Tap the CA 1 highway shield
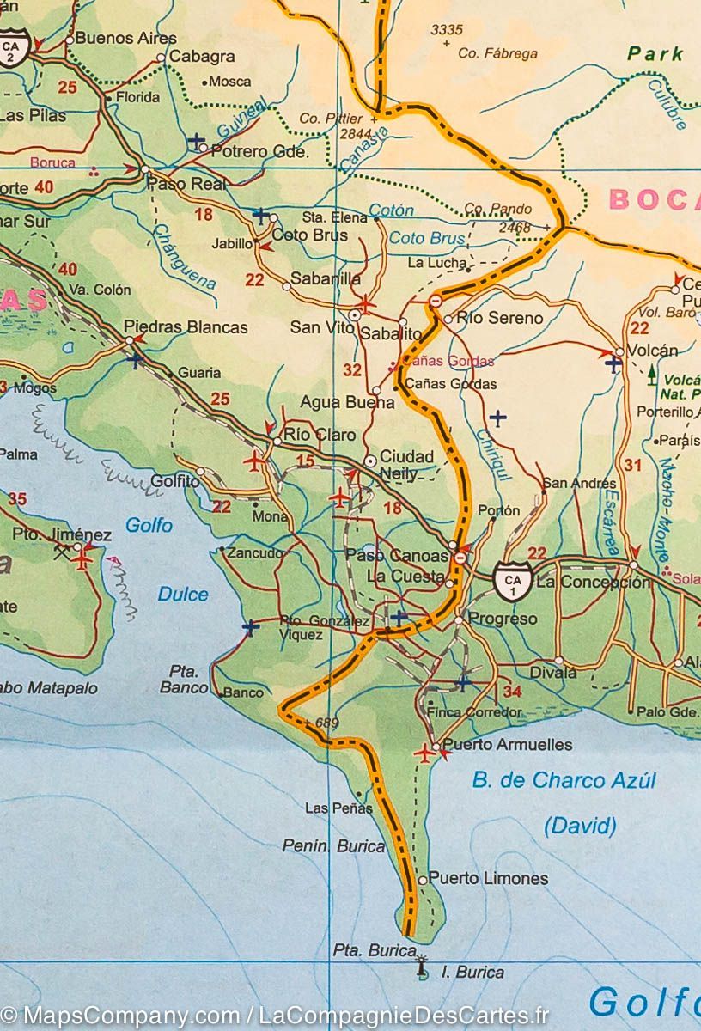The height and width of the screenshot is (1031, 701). tap(513, 581)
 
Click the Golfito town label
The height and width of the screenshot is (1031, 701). tap(174, 482)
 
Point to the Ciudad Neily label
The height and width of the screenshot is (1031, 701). tap(406, 465)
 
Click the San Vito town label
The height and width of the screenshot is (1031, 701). tap(317, 327)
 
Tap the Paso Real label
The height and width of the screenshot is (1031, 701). tap(186, 184)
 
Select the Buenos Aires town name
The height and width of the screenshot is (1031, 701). tap(125, 38)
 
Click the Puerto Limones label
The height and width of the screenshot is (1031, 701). tap(488, 878)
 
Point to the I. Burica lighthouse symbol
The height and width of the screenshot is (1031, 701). tap(421, 968)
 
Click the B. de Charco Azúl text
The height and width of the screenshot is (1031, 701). tap(564, 780)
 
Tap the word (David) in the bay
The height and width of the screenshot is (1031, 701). tap(580, 827)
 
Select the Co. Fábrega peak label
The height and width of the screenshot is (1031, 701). tap(497, 53)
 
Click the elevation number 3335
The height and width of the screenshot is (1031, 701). tap(446, 30)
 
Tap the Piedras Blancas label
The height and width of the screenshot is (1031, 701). tap(186, 327)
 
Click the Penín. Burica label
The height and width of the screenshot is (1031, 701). tap(334, 846)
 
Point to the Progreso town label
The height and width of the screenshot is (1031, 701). tap(503, 619)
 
